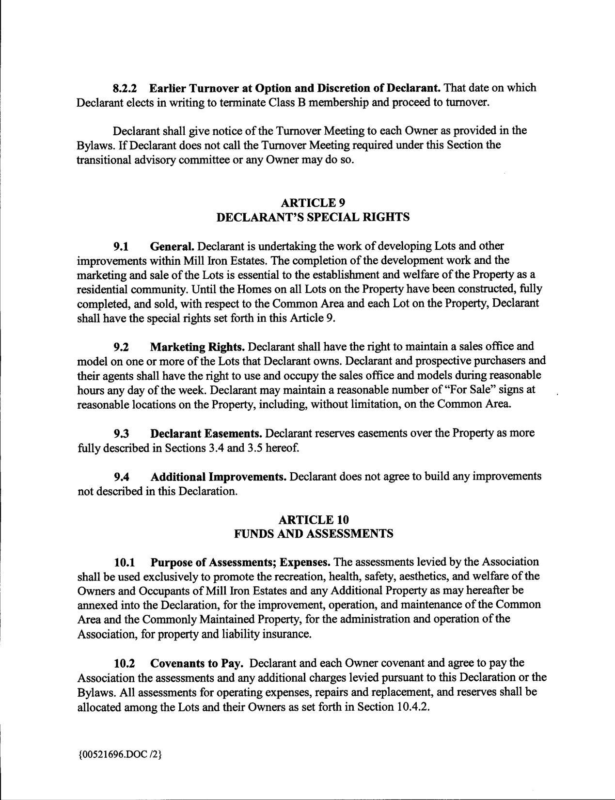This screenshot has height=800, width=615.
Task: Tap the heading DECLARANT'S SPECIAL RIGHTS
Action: point(312,217)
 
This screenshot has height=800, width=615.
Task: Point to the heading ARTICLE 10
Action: point(314,519)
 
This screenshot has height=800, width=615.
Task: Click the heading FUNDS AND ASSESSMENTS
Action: point(314,534)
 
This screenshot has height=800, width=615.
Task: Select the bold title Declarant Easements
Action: point(206,433)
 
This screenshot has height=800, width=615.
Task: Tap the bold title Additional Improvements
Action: point(218,477)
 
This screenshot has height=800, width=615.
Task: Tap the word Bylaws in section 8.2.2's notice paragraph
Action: point(93,145)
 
